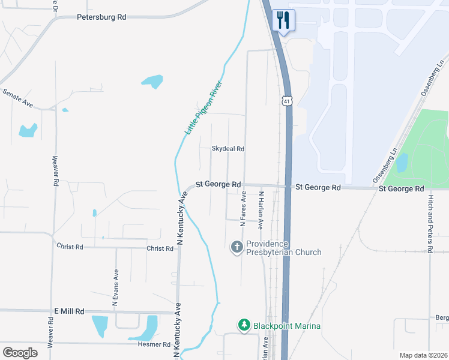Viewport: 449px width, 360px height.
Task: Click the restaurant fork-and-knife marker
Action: (282, 20)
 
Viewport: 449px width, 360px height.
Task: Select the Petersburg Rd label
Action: (101, 17)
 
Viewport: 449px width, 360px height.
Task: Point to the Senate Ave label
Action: (18, 97)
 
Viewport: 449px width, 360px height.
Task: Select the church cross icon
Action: (237, 247)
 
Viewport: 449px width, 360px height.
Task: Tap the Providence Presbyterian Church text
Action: (284, 248)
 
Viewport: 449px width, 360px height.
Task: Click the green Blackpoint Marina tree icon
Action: (244, 325)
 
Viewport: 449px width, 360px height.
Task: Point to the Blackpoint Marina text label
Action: (286, 326)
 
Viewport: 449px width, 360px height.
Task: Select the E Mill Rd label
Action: (69, 311)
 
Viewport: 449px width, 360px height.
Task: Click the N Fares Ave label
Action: (244, 209)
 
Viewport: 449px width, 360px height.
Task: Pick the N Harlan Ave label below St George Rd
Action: (261, 211)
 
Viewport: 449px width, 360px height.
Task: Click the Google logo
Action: (20, 353)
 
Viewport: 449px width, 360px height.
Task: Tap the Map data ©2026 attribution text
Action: (423, 355)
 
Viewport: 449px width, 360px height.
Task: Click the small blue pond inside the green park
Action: (402, 162)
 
